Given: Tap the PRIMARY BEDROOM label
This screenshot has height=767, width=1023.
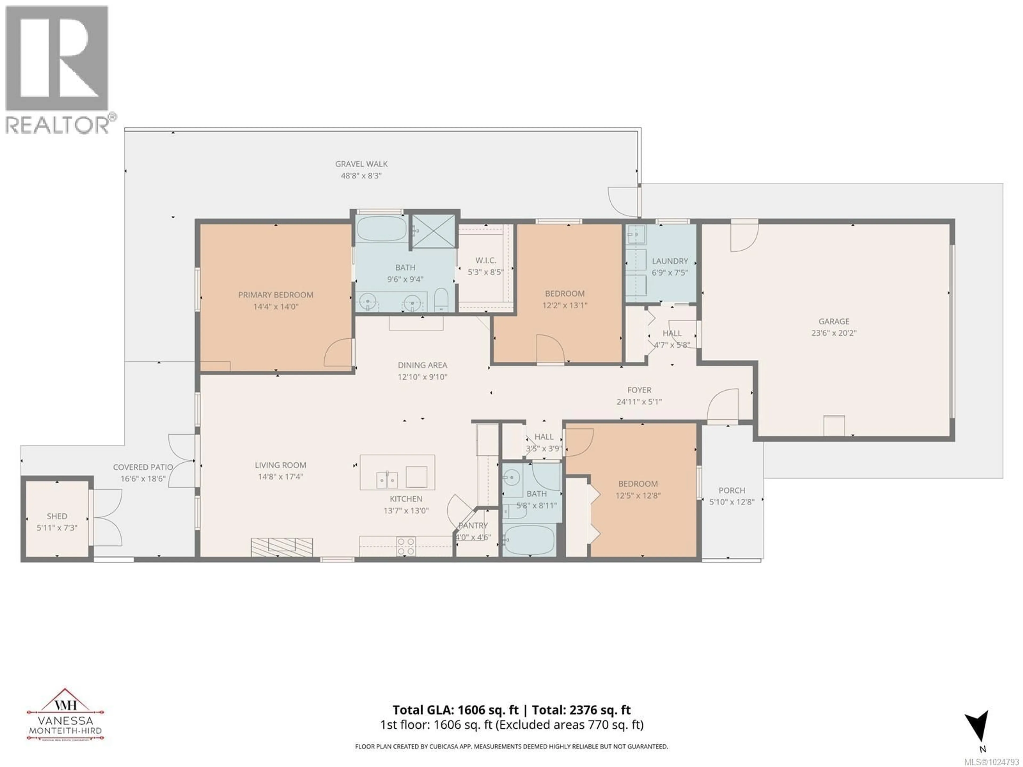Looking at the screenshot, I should coord(276,295).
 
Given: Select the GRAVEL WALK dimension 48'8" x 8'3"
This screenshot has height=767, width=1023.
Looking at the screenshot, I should coord(361,176).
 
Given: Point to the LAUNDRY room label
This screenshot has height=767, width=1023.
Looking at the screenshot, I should coord(670,261).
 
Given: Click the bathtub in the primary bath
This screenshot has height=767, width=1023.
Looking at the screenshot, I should coord(381,229).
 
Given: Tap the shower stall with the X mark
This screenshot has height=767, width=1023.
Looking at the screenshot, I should coord(433,231).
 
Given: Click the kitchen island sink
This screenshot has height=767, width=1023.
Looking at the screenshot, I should coord(387,479).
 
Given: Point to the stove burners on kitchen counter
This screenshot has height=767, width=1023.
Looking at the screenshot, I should coord(405,546).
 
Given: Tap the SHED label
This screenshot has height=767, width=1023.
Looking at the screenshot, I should coord(57,516).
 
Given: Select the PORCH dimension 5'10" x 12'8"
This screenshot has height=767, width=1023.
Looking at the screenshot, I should coord(732,502).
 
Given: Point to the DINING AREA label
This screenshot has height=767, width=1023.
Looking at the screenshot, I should coord(422,365).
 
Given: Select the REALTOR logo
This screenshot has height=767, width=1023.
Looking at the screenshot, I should coord(58,69).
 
